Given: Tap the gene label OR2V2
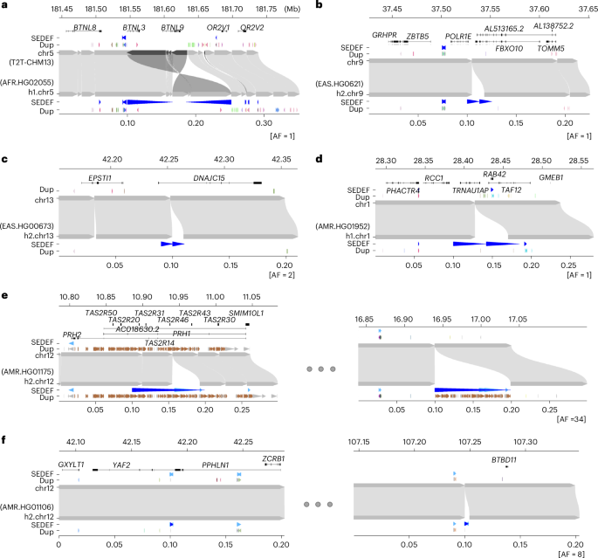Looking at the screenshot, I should (252, 27).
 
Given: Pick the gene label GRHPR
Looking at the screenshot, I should (384, 36).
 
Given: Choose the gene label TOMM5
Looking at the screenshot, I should (550, 48).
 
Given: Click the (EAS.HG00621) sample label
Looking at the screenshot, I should (341, 83).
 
